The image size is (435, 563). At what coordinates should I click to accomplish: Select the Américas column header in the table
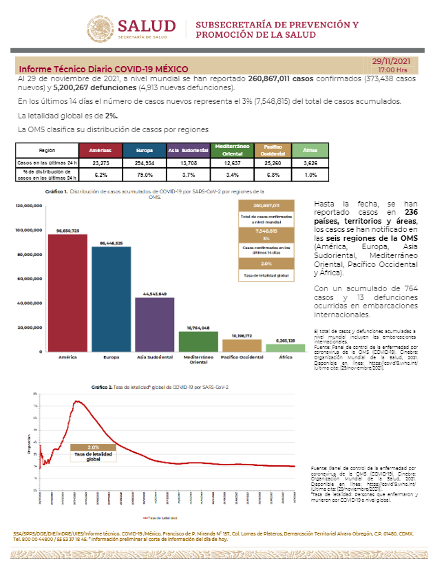[100, 150]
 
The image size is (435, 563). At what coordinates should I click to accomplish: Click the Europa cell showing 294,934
[144, 164]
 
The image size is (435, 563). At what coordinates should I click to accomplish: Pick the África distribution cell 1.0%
[310, 175]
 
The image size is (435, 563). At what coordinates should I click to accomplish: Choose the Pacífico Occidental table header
[267, 150]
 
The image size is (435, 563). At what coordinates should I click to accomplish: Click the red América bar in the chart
[67, 293]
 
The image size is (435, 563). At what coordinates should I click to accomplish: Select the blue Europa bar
[111, 299]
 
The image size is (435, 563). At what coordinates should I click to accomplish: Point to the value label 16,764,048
[198, 328]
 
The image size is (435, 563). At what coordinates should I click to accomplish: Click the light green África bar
[285, 348]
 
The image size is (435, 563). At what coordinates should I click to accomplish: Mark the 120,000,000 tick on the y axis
[28, 206]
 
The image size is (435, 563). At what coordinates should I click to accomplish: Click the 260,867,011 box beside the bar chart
[266, 206]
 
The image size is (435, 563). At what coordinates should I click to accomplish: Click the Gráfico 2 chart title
[160, 387]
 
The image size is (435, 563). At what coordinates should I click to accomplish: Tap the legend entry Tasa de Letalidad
[160, 517]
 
